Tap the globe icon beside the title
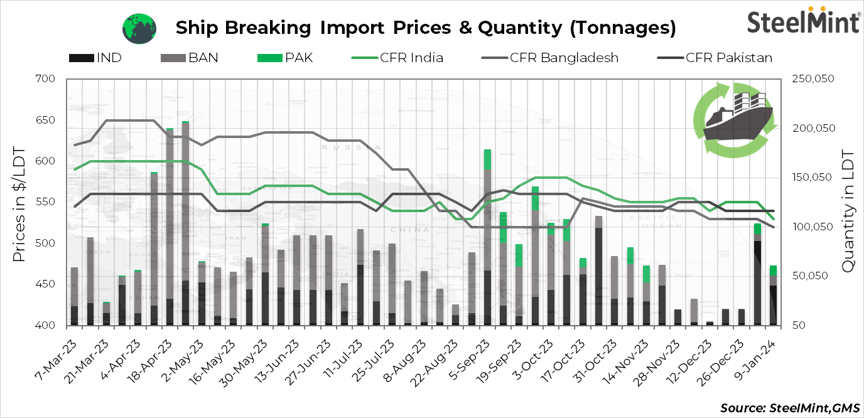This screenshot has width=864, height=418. (139, 28)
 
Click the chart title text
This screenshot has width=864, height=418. (426, 28)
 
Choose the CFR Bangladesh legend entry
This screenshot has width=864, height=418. (549, 58)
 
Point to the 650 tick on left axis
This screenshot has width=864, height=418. (47, 121)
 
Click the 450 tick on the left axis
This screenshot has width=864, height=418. (47, 284)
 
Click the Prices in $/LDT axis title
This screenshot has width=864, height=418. (19, 204)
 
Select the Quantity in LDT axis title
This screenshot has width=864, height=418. (848, 212)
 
